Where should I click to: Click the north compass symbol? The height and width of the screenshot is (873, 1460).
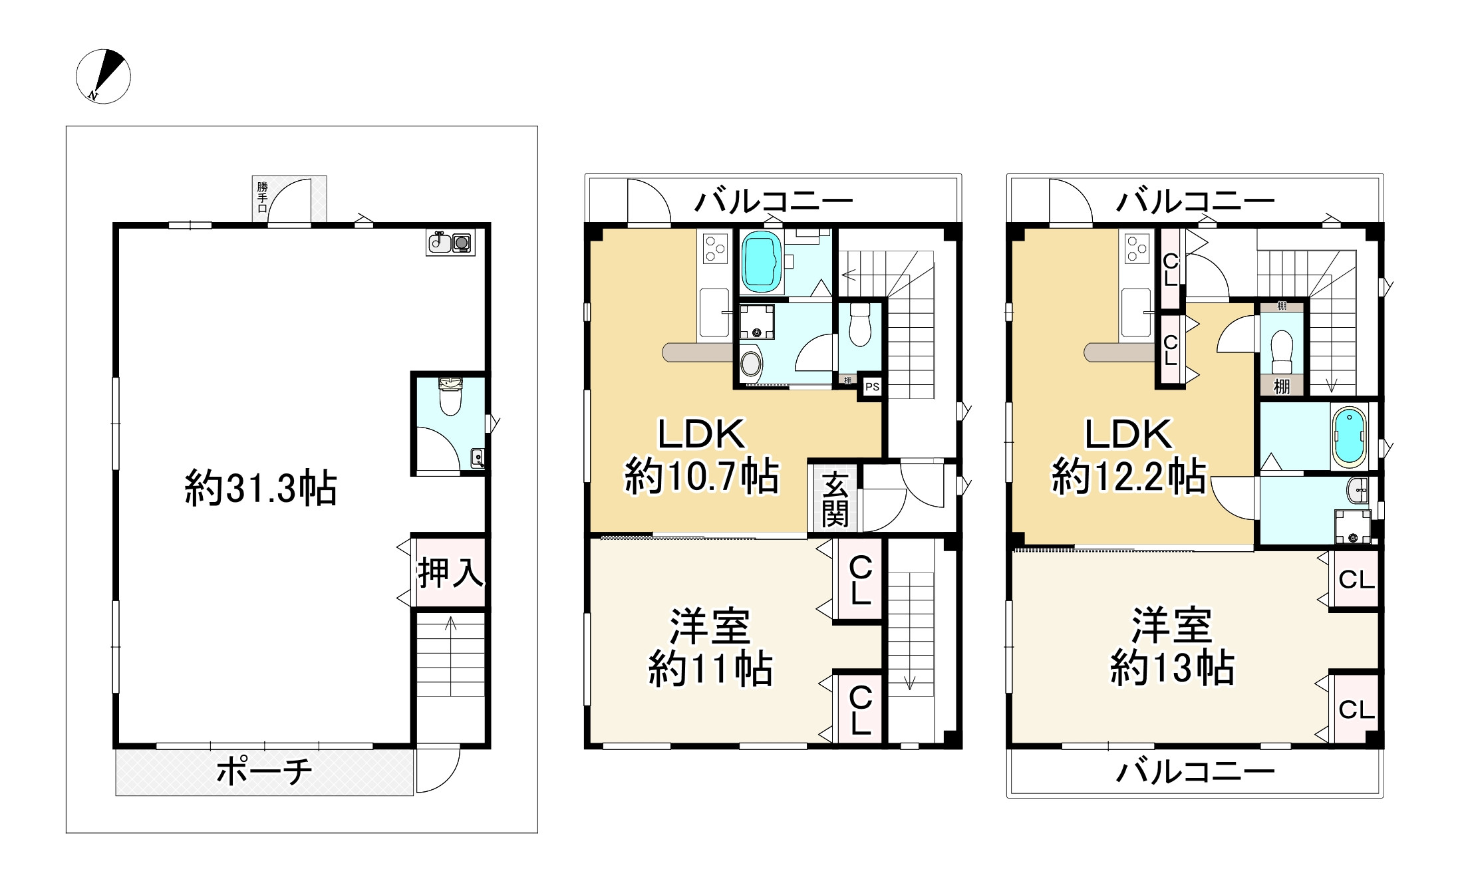(103, 76)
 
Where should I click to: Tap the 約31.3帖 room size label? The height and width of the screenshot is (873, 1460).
(261, 489)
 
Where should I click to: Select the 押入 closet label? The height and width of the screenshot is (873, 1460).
(450, 571)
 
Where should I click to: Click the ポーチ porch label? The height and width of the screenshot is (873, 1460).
(264, 772)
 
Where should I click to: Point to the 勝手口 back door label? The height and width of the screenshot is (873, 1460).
(263, 197)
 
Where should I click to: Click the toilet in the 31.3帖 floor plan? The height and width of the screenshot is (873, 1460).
(451, 396)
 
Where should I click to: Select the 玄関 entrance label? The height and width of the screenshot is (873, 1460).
(835, 499)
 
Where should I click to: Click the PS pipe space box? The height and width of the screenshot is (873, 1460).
(871, 386)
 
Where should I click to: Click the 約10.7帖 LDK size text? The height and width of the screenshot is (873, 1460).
(701, 476)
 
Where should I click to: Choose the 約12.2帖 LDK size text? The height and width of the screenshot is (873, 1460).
(1128, 476)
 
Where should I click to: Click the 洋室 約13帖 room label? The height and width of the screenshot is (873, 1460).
(1172, 647)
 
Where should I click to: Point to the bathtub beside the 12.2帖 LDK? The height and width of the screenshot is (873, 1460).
(1350, 437)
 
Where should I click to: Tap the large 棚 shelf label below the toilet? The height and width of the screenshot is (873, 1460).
(1282, 386)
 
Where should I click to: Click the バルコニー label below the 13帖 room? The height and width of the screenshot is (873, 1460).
(1195, 772)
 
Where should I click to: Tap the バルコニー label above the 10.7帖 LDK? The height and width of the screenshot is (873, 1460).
(774, 200)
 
